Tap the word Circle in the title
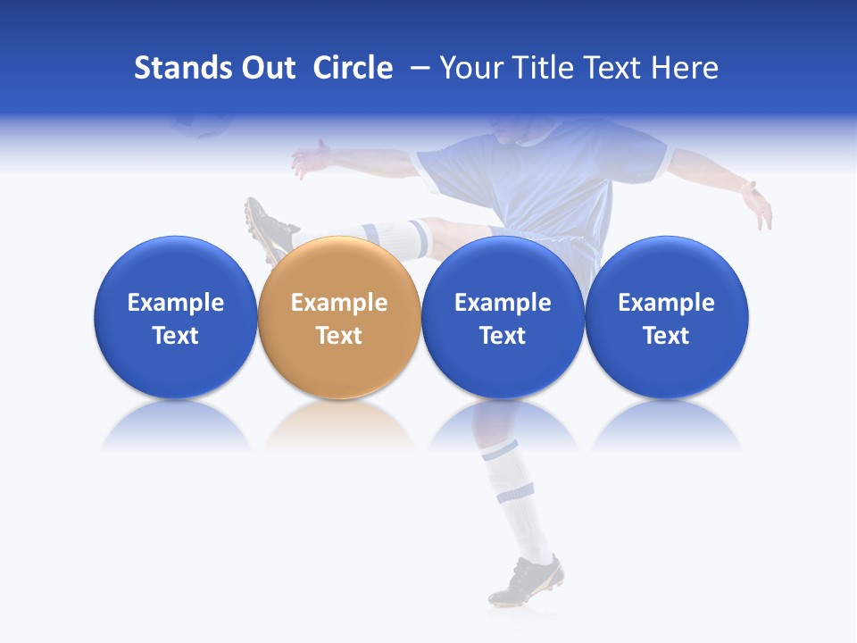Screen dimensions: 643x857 tap(353, 68)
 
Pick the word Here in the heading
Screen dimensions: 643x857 tap(684, 68)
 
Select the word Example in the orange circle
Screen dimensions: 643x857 tap(339, 303)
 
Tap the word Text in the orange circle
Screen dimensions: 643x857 tap(339, 336)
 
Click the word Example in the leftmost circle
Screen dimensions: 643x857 tap(176, 303)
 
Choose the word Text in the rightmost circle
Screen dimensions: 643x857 tap(667, 336)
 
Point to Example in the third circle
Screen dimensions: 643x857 tap(503, 303)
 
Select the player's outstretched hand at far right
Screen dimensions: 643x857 tap(758, 204)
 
